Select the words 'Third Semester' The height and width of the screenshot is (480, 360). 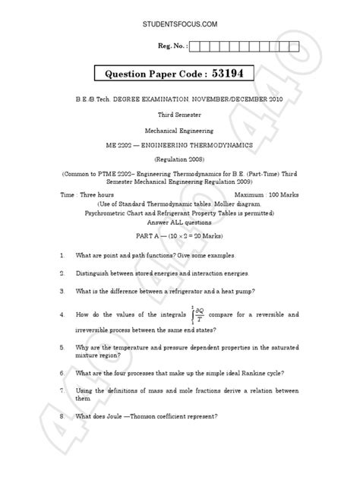[x=180, y=114]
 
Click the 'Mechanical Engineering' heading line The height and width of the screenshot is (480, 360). [x=180, y=130]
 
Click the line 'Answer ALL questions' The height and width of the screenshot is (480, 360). [x=180, y=225]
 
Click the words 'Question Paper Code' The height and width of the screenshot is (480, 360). [x=154, y=75]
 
